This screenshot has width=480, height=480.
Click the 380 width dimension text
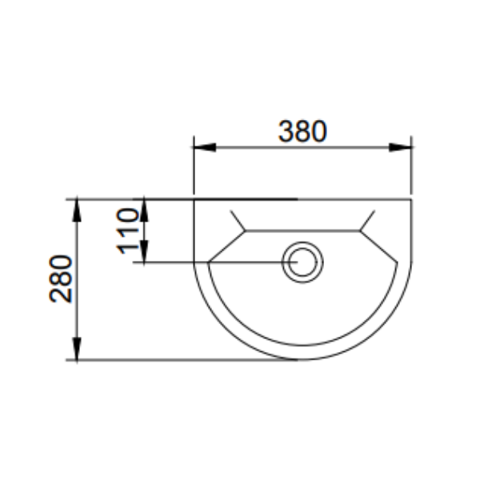302,130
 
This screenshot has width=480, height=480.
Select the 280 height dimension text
62,279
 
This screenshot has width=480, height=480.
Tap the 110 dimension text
128,230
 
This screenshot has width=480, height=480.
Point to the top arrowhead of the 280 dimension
77,206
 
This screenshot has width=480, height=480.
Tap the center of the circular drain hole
303,262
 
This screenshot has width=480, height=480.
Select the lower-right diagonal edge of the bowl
380,246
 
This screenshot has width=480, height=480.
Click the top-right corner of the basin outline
412,198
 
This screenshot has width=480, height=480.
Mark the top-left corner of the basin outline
195,198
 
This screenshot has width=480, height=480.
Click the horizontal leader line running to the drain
216,262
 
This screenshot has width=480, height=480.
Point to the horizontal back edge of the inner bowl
303,231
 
